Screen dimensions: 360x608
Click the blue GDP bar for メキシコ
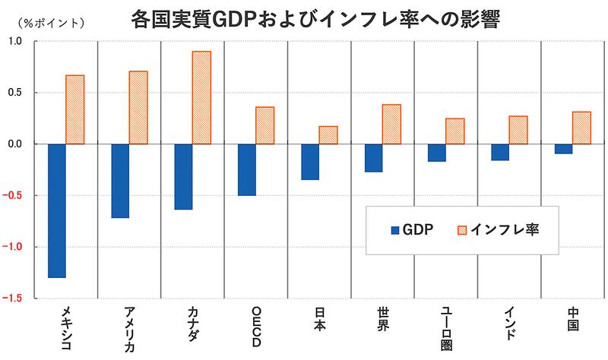[57, 210]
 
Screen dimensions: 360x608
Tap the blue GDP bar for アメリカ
[120, 181]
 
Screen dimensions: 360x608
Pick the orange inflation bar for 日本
[328, 135]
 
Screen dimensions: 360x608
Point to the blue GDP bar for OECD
[247, 169]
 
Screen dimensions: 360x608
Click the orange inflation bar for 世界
[391, 124]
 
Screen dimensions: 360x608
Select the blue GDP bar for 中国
[563, 149]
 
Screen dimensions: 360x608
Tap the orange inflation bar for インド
[518, 130]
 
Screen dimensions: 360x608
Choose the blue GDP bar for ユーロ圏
[437, 153]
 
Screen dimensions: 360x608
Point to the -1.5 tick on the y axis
[17, 298]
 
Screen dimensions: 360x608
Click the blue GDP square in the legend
[394, 230]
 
